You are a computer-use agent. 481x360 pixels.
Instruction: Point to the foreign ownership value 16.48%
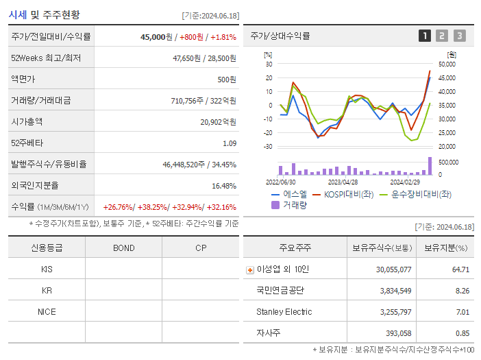click(x=223, y=186)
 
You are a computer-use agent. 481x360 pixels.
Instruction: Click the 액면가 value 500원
click(x=226, y=80)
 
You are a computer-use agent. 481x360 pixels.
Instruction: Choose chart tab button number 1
click(x=425, y=36)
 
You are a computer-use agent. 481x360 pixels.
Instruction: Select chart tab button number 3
click(x=459, y=36)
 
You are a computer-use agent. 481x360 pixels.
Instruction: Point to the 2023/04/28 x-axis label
click(x=343, y=182)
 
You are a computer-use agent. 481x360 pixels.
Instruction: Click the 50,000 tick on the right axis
click(x=446, y=64)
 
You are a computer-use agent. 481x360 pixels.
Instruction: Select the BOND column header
click(x=123, y=248)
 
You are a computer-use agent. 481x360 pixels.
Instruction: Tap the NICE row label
click(x=47, y=311)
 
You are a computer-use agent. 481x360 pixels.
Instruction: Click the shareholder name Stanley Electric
click(x=284, y=312)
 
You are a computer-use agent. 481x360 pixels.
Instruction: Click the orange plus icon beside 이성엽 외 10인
click(x=249, y=270)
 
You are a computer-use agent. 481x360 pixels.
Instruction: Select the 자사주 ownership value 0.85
click(x=461, y=333)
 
